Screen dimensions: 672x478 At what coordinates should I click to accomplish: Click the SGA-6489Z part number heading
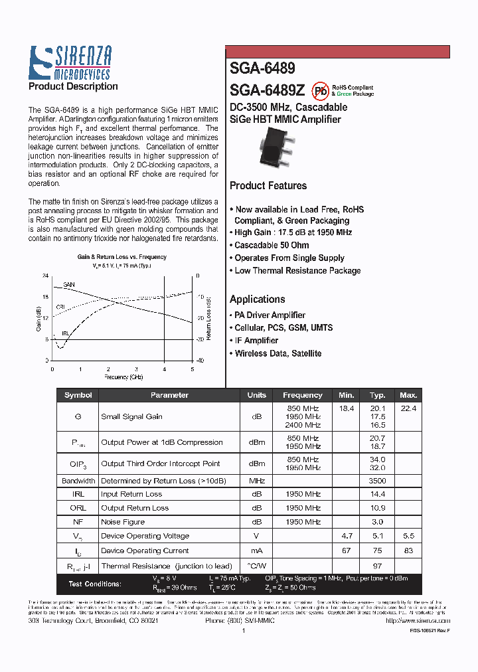[267, 90]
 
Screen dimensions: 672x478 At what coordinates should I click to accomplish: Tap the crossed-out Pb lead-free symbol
[321, 91]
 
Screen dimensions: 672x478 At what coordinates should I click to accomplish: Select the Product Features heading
[268, 186]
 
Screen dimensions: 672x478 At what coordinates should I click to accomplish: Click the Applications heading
[258, 299]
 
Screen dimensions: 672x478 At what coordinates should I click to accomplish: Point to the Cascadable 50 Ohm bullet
[272, 246]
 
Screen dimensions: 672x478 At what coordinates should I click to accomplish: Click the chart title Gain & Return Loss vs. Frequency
[121, 256]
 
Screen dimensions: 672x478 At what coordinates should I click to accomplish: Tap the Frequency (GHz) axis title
[123, 377]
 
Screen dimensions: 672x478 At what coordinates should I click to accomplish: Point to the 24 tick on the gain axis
[45, 276]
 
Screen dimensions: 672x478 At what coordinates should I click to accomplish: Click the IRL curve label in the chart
[65, 333]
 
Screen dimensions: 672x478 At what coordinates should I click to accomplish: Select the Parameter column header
[169, 395]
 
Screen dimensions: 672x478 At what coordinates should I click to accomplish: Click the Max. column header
[408, 395]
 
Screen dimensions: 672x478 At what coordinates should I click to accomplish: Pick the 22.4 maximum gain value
[408, 409]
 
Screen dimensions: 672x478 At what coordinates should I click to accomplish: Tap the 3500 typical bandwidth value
[377, 481]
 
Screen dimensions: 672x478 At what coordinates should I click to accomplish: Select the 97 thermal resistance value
[377, 566]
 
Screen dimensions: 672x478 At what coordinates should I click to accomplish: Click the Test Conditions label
[95, 584]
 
